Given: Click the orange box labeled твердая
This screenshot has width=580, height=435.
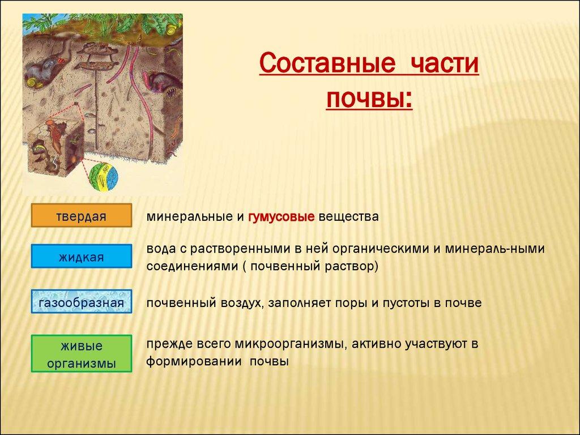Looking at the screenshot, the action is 82,215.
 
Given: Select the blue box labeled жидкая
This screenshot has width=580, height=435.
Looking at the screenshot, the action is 82,256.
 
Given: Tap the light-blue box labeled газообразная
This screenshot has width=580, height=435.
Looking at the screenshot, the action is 82,301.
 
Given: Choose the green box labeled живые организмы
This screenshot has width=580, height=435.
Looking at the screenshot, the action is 82,353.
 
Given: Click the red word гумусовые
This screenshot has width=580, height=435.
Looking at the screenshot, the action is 282,217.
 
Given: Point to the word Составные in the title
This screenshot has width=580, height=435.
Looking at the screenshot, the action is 327,63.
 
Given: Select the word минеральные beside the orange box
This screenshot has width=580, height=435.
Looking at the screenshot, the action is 190,217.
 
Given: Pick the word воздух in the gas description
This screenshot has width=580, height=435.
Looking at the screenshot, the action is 242,303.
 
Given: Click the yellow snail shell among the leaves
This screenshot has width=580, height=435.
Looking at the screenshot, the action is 172,29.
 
